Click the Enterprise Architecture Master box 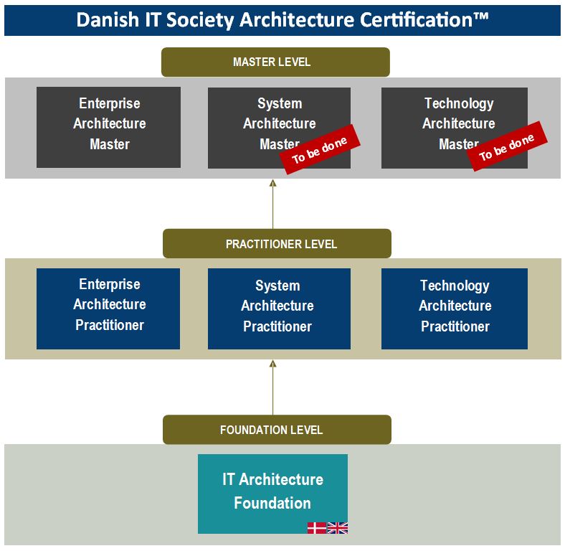coord(108,127)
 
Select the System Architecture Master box coord(279,128)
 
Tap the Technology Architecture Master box coord(455,128)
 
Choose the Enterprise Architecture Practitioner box coord(108,309)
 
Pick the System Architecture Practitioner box coord(279,309)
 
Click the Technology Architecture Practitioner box coord(455,309)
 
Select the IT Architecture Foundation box coord(272,494)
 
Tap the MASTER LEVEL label coord(275,62)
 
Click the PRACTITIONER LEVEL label coord(277,243)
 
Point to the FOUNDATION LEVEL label coord(277,430)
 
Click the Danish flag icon coord(317,528)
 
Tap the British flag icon coord(337,528)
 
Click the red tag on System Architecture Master coord(320,150)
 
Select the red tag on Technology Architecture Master coord(507,146)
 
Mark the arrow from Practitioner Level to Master coord(272,204)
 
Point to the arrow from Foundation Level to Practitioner coord(272,387)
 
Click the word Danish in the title coord(108,19)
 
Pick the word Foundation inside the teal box coord(272,503)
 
